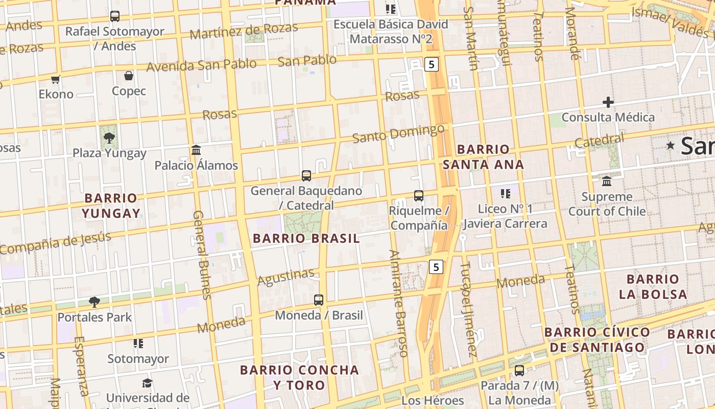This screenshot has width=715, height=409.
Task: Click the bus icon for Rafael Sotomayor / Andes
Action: (x=115, y=16)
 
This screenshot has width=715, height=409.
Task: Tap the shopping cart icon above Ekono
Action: (x=56, y=79)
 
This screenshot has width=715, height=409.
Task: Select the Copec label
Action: (x=129, y=91)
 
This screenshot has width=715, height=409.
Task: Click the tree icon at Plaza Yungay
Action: (x=109, y=138)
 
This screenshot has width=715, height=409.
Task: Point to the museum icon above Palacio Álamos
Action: (x=196, y=150)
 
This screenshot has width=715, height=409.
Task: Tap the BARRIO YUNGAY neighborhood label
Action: (x=111, y=206)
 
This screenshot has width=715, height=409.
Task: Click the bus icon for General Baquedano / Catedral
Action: (x=306, y=176)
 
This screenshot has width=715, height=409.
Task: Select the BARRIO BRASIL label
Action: (x=306, y=238)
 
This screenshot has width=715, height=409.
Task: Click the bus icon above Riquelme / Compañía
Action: (x=419, y=195)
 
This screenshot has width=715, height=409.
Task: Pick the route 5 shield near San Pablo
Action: (x=432, y=64)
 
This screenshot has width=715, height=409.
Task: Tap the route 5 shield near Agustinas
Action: (x=435, y=266)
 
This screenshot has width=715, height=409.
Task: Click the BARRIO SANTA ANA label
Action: (x=483, y=156)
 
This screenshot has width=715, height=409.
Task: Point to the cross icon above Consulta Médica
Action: (x=608, y=102)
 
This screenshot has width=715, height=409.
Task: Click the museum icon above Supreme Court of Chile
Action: (x=607, y=181)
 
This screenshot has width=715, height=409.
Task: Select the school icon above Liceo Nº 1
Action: (x=506, y=193)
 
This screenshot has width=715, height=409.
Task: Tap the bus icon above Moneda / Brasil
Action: (x=319, y=300)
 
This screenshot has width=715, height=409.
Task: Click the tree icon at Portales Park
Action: (x=94, y=302)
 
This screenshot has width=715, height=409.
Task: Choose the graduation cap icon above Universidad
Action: (x=147, y=383)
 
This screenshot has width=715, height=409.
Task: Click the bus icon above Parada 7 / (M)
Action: (x=519, y=370)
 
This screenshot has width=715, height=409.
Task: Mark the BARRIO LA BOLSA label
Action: (x=653, y=286)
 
